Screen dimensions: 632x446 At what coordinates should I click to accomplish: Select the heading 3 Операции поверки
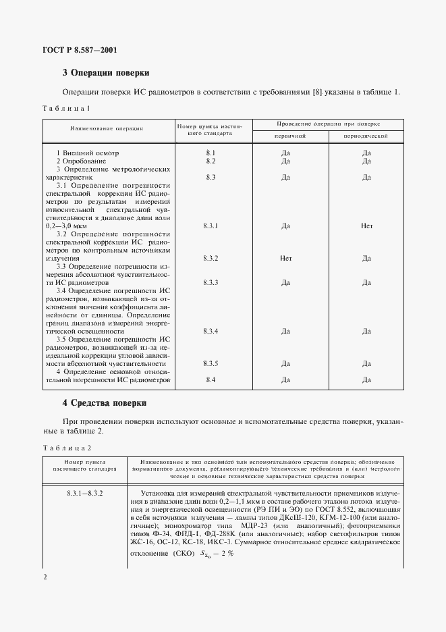(x=105, y=72)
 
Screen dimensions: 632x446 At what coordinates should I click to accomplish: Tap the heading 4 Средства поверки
(x=105, y=402)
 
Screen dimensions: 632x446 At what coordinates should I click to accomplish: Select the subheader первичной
(x=289, y=136)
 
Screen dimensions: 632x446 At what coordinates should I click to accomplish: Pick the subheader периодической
(x=366, y=136)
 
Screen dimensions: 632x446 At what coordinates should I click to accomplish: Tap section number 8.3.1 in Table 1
(x=211, y=226)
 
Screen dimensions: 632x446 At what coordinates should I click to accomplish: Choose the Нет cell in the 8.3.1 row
(x=366, y=226)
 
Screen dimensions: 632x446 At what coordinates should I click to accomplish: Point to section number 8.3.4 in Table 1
(x=211, y=331)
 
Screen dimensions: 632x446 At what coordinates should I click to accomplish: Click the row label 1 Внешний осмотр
(x=85, y=153)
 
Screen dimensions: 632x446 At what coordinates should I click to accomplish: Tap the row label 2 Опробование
(x=81, y=161)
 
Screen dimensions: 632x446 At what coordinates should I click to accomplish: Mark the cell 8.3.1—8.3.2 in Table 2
(x=84, y=495)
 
